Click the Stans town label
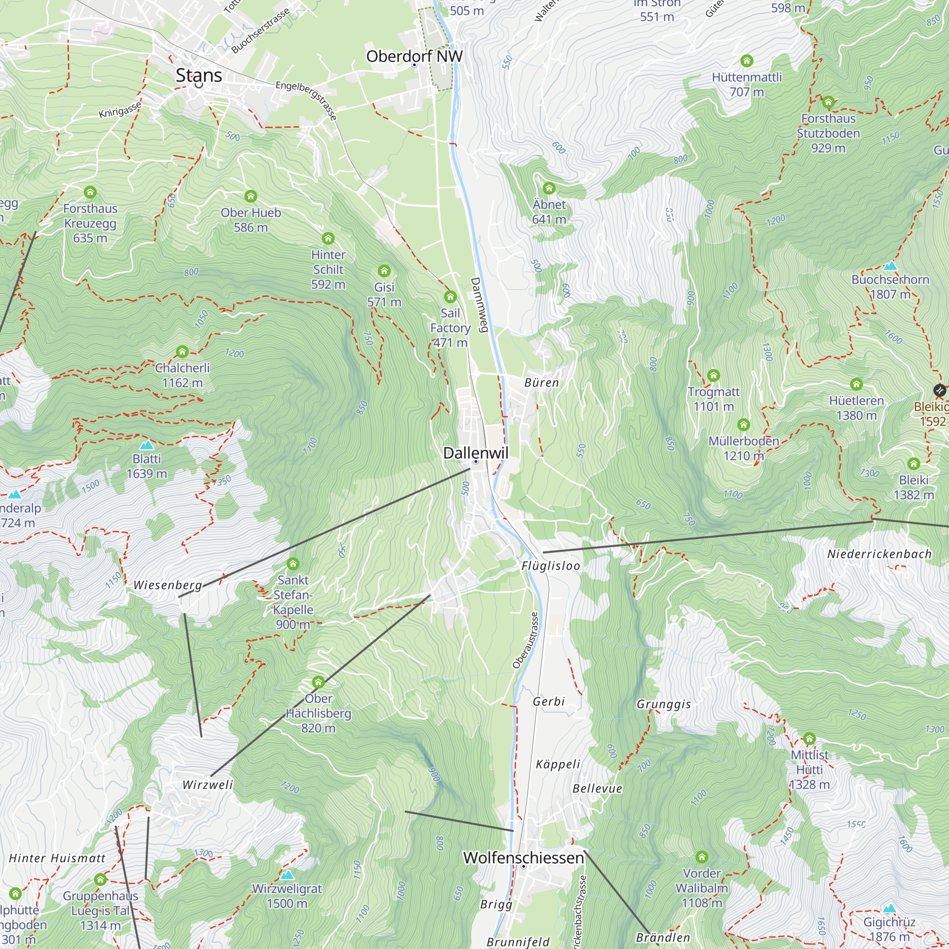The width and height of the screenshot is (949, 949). coord(199,75)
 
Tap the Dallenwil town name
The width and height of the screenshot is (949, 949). coord(475,452)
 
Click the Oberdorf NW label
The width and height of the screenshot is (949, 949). coord(414,56)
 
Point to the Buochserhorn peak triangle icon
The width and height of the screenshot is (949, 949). coord(890,266)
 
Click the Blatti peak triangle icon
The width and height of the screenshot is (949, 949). coord(146,446)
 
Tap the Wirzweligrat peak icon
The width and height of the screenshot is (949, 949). coord(287,875)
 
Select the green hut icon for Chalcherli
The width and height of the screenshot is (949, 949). coord(182,352)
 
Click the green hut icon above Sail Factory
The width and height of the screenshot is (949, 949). coord(450,297)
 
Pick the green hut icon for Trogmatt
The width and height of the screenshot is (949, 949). coord(713,376)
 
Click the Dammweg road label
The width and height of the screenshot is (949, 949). coord(478,305)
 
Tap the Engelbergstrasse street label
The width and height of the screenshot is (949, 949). coord(306,101)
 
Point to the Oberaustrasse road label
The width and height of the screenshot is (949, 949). coord(525,640)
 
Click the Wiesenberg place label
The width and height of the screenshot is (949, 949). coord(167,585)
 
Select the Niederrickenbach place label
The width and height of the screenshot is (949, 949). coord(879,554)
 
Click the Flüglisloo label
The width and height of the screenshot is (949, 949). coord(550,566)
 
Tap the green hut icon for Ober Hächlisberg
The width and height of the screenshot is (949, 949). coord(318,682)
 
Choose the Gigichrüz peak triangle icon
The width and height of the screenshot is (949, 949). coord(889,909)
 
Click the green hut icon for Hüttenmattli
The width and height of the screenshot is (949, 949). coord(746,61)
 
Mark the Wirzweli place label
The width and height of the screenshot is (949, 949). coord(207,784)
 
